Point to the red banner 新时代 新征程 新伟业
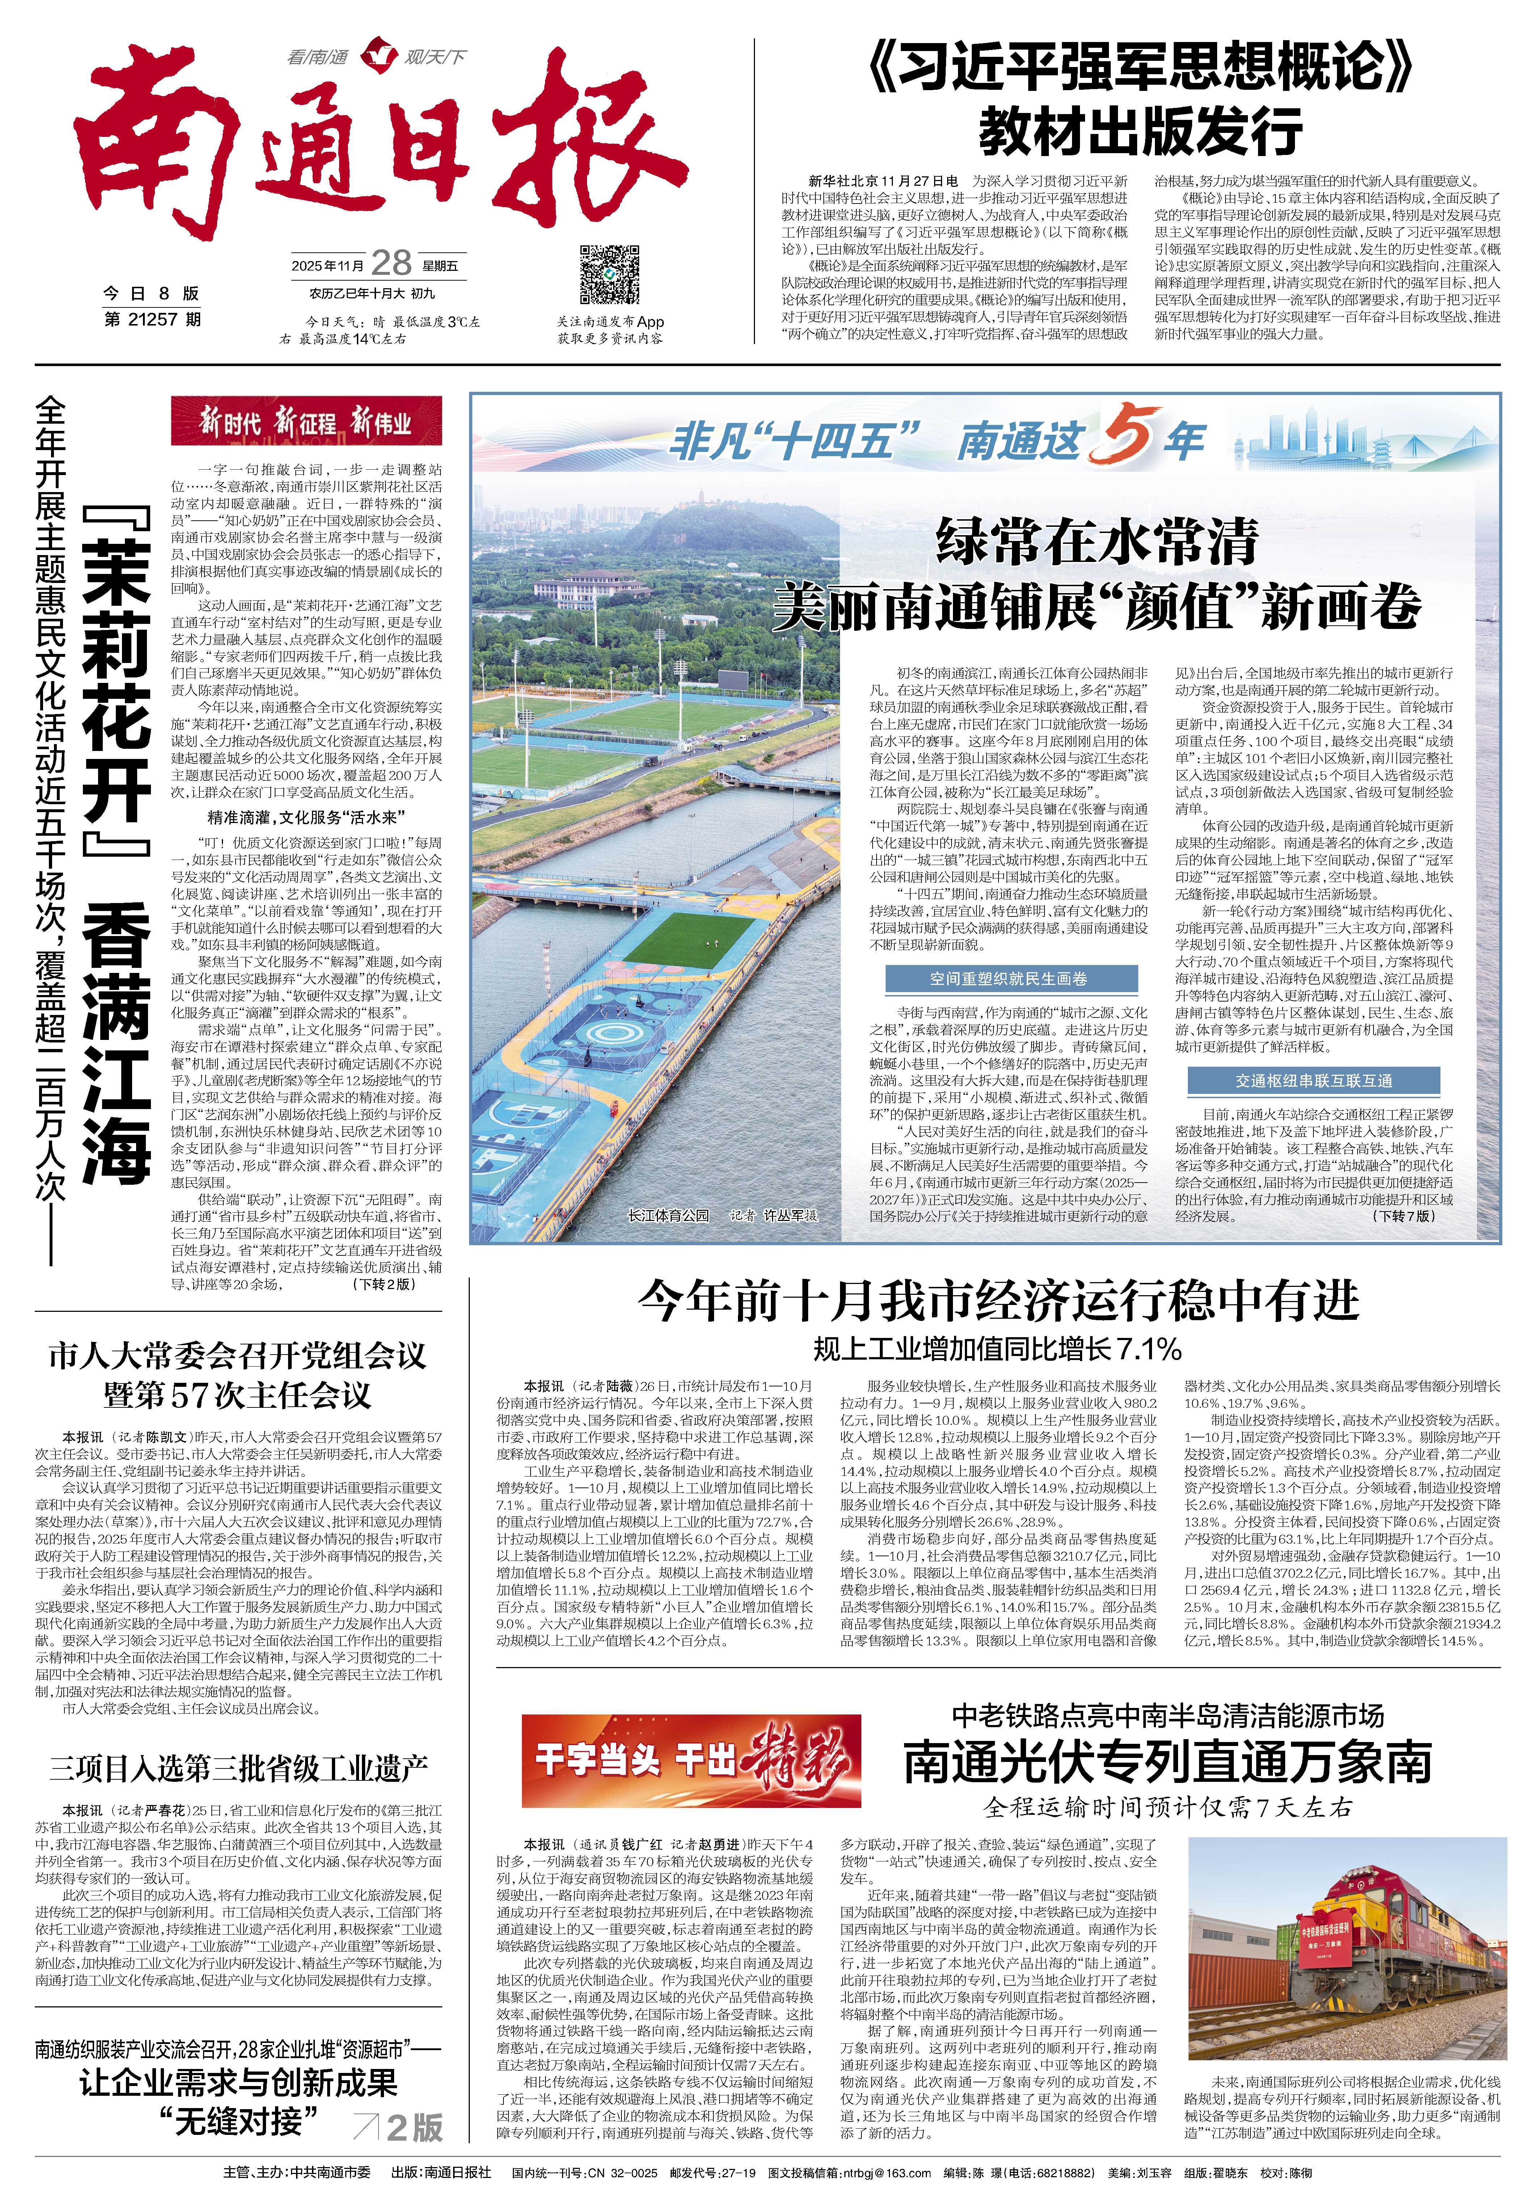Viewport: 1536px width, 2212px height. click(x=306, y=421)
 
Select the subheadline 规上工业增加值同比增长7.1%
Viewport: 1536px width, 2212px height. click(x=997, y=1348)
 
